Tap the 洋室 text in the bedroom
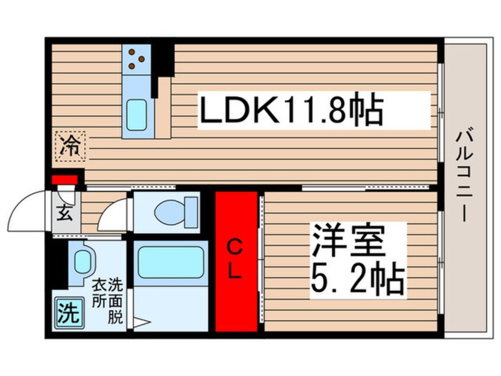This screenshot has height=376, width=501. [x=348, y=240]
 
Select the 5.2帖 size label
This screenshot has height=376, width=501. [x=358, y=278]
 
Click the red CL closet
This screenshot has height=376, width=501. [x=236, y=262]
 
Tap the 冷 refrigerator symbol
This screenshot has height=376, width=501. [x=70, y=146]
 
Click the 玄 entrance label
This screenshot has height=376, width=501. [x=65, y=212]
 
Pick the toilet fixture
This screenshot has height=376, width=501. [x=176, y=212]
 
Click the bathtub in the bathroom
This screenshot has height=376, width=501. [x=171, y=262]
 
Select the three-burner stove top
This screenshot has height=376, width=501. [x=136, y=59]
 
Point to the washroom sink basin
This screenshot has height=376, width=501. [x=83, y=262]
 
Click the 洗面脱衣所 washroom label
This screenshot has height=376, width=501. [x=107, y=301]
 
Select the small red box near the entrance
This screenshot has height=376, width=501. [x=65, y=180]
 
